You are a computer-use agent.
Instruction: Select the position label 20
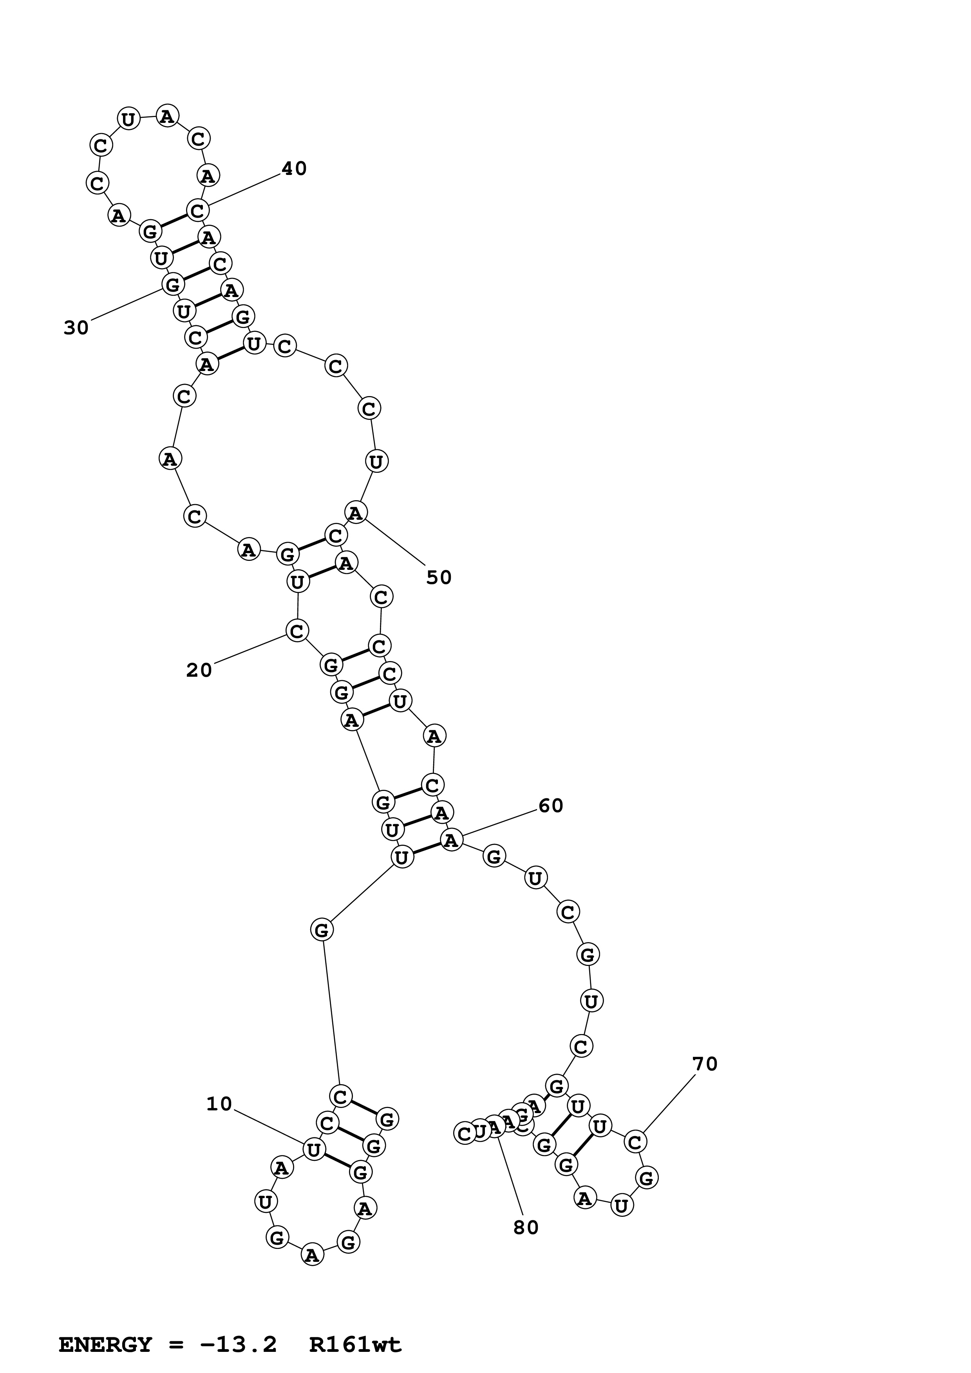(x=199, y=670)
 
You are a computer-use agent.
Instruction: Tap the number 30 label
(x=76, y=328)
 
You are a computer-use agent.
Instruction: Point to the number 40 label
(x=294, y=169)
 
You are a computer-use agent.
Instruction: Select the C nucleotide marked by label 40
(x=197, y=211)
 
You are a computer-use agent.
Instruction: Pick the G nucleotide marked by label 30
(x=172, y=285)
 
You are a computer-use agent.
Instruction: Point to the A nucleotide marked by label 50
(x=356, y=512)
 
